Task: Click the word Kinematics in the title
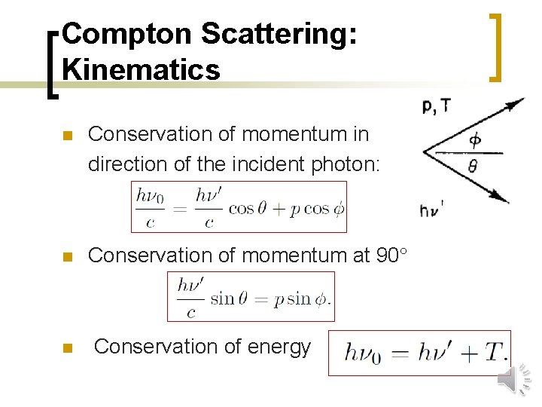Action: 142,69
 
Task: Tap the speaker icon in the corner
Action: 513,379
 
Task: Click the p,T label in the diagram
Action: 437,107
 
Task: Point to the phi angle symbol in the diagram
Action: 474,139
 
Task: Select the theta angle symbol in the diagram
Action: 473,165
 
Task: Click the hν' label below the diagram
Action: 431,210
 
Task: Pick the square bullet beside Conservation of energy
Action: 66,348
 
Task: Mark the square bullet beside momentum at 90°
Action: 66,257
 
